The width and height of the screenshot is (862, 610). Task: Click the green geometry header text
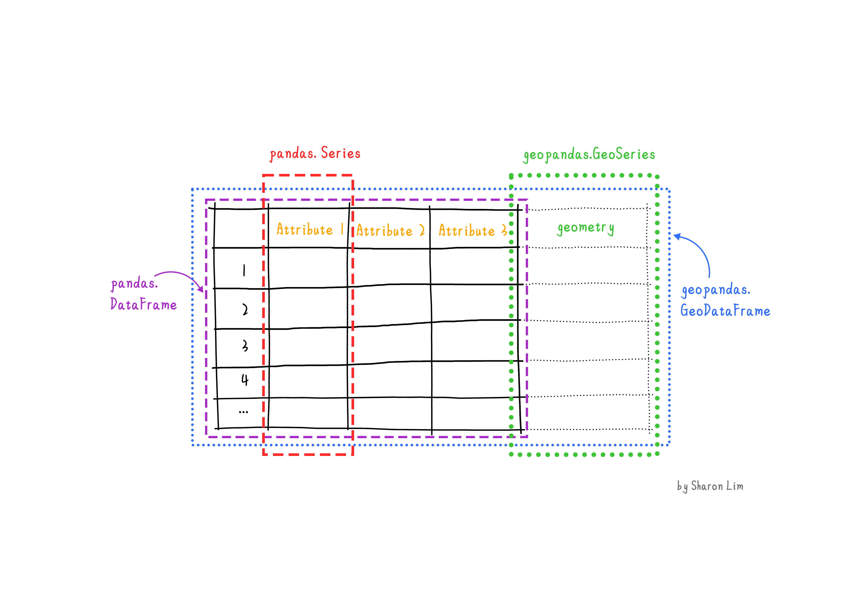(586, 228)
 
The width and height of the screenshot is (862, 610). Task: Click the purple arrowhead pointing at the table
(201, 289)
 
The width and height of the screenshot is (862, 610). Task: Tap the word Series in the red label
(341, 153)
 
